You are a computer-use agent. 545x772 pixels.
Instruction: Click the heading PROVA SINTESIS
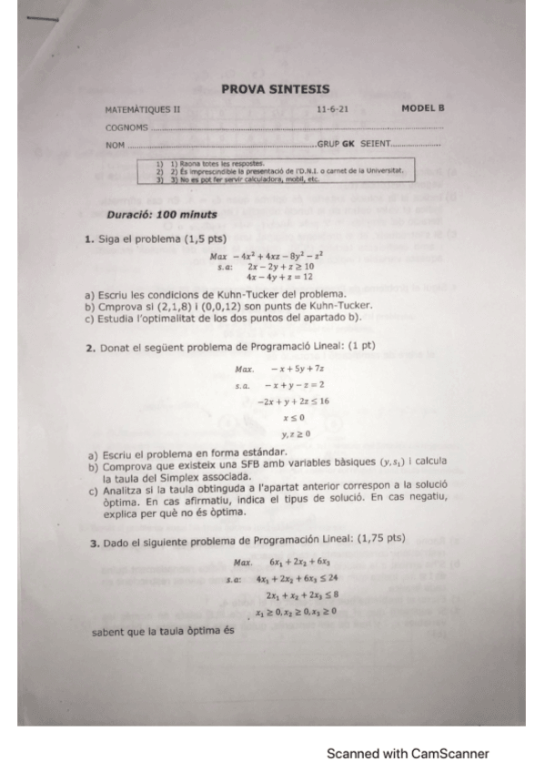click(x=275, y=89)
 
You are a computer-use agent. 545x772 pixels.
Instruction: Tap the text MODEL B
click(x=422, y=108)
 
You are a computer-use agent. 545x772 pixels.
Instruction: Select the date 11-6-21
click(x=331, y=109)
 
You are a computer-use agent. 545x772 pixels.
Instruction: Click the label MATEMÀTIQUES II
click(x=143, y=109)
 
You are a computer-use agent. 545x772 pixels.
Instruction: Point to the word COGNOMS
click(x=126, y=127)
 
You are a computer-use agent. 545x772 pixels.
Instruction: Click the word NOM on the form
click(x=115, y=145)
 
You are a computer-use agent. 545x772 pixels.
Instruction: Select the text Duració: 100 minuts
click(x=162, y=215)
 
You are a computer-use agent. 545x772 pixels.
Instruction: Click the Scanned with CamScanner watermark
click(x=408, y=754)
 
